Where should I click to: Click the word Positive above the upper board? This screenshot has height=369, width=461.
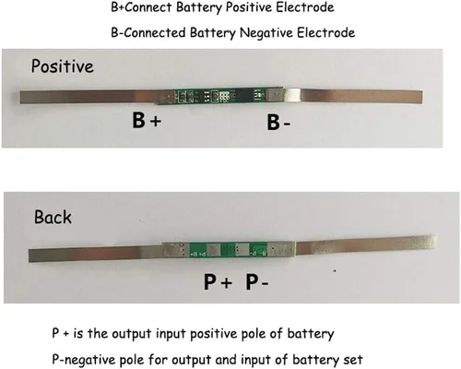63,66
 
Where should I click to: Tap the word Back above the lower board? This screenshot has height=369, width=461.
53,217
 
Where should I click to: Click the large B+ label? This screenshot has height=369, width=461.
147,120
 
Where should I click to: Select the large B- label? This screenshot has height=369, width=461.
278,123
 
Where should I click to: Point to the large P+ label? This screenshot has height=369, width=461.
218,281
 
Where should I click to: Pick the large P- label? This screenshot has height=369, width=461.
257,281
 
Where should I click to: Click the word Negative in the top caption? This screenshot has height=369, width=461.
266,33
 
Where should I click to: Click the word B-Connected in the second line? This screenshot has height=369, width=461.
148,32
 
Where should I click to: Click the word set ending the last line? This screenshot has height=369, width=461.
353,360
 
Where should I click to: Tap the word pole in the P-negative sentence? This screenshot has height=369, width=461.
132,360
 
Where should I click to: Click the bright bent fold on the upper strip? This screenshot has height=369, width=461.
292,95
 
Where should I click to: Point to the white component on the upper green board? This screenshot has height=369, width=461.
224,96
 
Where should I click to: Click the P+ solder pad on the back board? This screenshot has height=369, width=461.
213,250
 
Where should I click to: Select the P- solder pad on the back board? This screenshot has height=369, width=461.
242,249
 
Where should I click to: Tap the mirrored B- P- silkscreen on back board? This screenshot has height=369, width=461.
257,254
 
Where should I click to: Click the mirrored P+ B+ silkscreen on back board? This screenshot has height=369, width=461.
198,255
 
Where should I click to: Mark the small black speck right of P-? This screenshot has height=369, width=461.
335,271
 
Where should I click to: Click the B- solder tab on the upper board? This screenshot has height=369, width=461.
275,94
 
